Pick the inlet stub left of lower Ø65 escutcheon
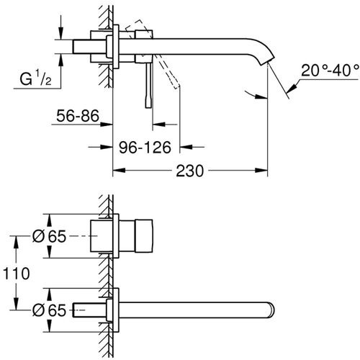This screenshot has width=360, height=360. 91,310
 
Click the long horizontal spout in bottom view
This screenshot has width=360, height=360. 194,310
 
